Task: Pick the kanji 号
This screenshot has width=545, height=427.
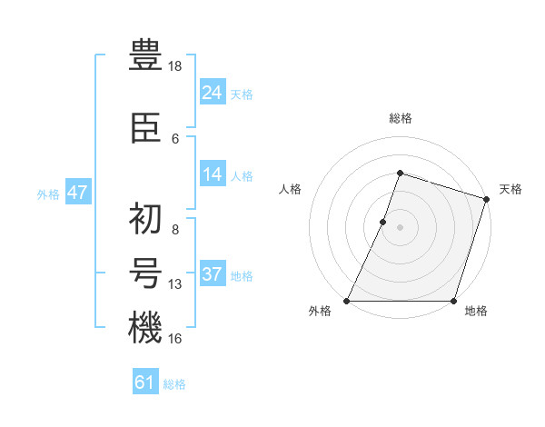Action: (145, 275)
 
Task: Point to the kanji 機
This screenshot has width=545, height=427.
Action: (145, 328)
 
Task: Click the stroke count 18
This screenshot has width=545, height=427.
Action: (176, 66)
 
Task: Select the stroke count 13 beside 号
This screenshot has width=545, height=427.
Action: (176, 284)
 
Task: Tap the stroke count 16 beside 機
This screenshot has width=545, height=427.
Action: (176, 338)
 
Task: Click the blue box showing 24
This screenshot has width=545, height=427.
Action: (213, 93)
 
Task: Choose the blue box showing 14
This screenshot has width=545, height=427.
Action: (213, 174)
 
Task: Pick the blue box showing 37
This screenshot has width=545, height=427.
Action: (213, 274)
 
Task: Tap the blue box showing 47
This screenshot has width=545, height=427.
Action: (77, 193)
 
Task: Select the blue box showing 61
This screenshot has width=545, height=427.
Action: (145, 382)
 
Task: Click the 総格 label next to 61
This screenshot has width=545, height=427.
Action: (174, 384)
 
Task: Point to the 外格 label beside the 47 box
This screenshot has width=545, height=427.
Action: (48, 194)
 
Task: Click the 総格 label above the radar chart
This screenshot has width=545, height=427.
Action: (401, 118)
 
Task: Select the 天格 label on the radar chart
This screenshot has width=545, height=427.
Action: (510, 189)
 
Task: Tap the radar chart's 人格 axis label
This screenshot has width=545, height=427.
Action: (290, 189)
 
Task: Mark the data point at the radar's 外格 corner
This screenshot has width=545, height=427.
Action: (347, 301)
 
